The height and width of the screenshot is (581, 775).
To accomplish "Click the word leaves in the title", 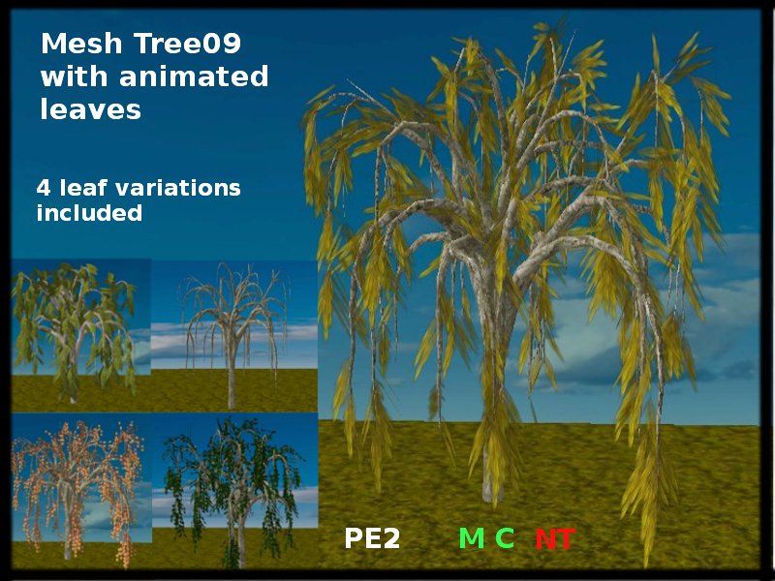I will point(90,109).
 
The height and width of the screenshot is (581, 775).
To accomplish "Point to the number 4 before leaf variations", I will point(44,187).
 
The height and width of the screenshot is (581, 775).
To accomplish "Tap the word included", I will point(89,212).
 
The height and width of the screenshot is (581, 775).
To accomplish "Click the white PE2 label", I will point(372,539).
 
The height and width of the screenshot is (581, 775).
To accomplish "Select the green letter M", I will point(471,539).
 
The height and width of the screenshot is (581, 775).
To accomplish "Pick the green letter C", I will point(505,539).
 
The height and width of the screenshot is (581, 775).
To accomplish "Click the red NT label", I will point(554,539).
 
